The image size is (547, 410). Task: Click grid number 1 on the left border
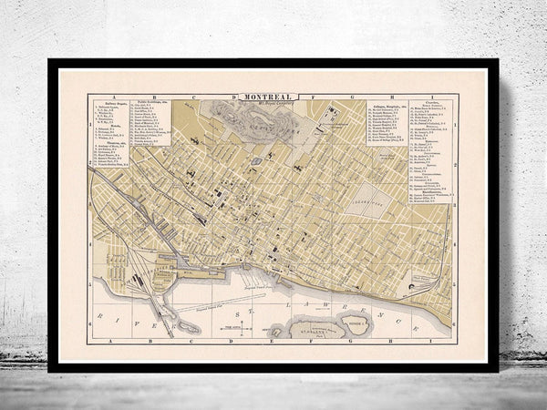point(90,123)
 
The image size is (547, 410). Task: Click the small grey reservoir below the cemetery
point(256,160)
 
